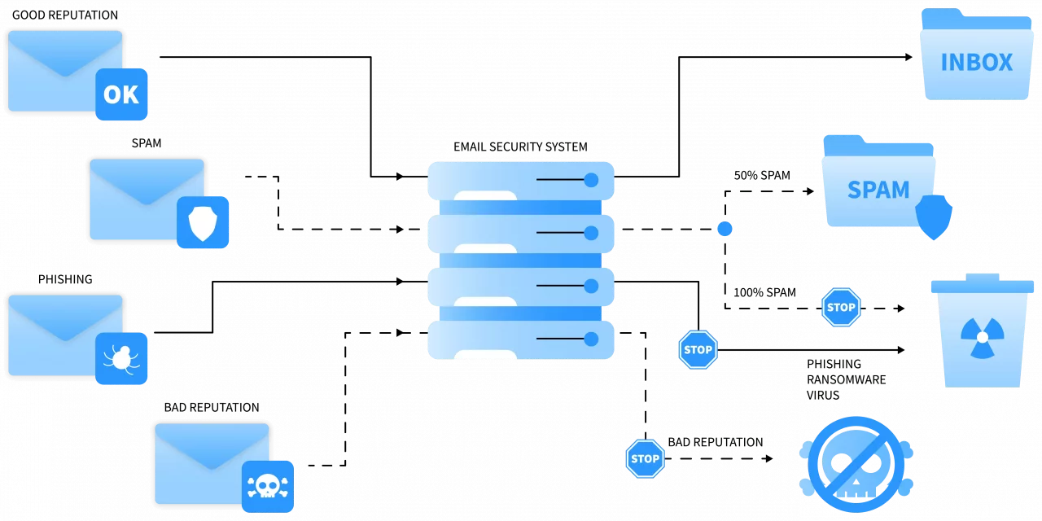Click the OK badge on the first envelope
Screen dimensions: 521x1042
121,94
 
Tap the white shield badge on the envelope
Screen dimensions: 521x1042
203,222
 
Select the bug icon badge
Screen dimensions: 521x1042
121,358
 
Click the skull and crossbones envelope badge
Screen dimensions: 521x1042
267,486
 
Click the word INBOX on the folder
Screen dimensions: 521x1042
976,63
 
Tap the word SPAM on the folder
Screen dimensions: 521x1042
878,190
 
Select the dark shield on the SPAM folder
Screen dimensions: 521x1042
934,217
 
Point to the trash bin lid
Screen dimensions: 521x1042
983,285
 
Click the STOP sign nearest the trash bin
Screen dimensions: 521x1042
840,308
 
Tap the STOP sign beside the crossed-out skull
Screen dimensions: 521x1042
645,458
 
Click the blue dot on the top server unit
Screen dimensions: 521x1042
592,179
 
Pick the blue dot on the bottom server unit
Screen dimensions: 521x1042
592,339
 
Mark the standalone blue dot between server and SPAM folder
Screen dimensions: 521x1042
725,230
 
